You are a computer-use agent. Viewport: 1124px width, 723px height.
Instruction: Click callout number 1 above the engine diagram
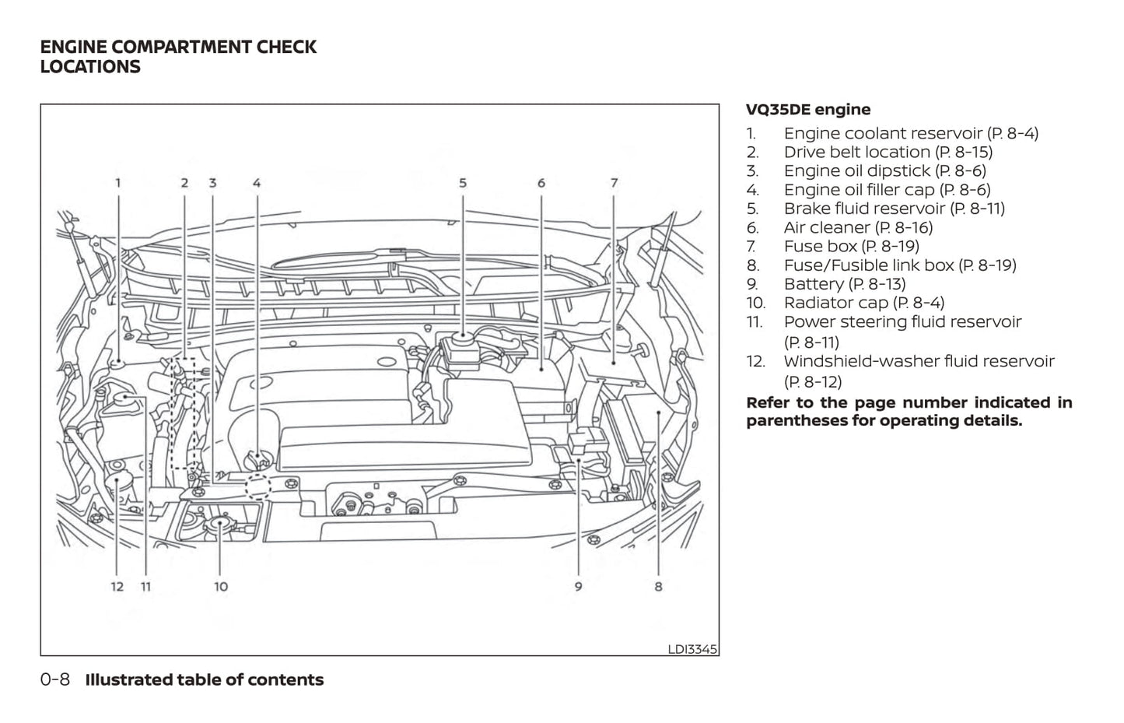[118, 184]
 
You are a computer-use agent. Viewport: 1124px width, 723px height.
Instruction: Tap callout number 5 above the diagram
[463, 184]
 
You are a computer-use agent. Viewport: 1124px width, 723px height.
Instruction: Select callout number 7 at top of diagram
[614, 184]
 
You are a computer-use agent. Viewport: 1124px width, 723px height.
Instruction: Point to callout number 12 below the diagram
[117, 586]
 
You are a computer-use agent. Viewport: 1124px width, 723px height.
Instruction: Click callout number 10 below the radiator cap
[221, 586]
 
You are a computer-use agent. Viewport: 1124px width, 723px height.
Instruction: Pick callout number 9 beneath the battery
[578, 586]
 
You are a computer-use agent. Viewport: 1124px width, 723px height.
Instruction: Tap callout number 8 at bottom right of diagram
[658, 586]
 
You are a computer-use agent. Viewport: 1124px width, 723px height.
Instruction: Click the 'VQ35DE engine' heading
[808, 110]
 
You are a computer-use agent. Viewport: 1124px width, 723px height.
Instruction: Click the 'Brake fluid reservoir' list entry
[894, 209]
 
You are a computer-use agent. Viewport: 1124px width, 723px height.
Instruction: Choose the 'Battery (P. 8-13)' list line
[844, 284]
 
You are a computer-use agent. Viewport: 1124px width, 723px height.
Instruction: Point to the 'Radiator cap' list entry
[863, 303]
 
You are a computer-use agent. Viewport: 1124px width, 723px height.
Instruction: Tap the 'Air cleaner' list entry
[858, 227]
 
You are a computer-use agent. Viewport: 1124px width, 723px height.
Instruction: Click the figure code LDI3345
[692, 649]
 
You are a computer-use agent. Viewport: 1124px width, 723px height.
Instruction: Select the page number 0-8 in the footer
[55, 679]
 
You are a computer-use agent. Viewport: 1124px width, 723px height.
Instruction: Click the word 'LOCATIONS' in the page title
[90, 67]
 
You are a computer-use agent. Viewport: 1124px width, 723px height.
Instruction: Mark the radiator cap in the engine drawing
[221, 524]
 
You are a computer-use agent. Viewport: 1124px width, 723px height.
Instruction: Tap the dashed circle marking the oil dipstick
[258, 486]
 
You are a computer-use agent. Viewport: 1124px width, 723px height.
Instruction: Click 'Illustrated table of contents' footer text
[204, 679]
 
